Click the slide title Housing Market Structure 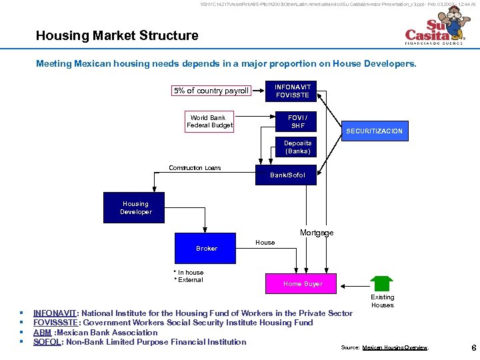pos(117,35)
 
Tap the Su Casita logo pos(434,32)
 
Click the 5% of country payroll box pos(211,91)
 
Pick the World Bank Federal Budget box pos(209,121)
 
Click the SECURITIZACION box pos(374,131)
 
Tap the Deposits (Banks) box pos(297,147)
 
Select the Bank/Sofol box pos(287,175)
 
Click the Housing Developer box pos(136,207)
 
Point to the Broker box pos(207,248)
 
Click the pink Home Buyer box pos(303,284)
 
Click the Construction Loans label pos(195,168)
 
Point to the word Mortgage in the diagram pos(317,233)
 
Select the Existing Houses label pos(383,301)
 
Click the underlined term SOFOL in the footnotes pos(47,342)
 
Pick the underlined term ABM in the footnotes pos(43,333)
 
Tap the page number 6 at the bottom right pos(473,347)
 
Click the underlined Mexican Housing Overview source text pos(395,348)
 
